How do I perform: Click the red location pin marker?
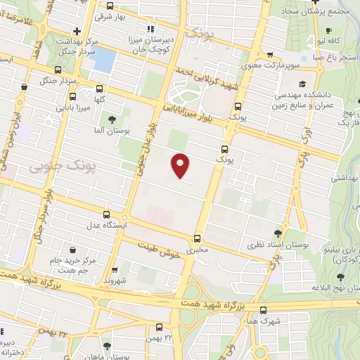(181, 165)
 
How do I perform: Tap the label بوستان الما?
(112, 131)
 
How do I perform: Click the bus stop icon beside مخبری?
(198, 238)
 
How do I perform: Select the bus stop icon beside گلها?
(99, 89)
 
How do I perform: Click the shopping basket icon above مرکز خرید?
(73, 250)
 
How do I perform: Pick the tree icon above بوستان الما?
(112, 118)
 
